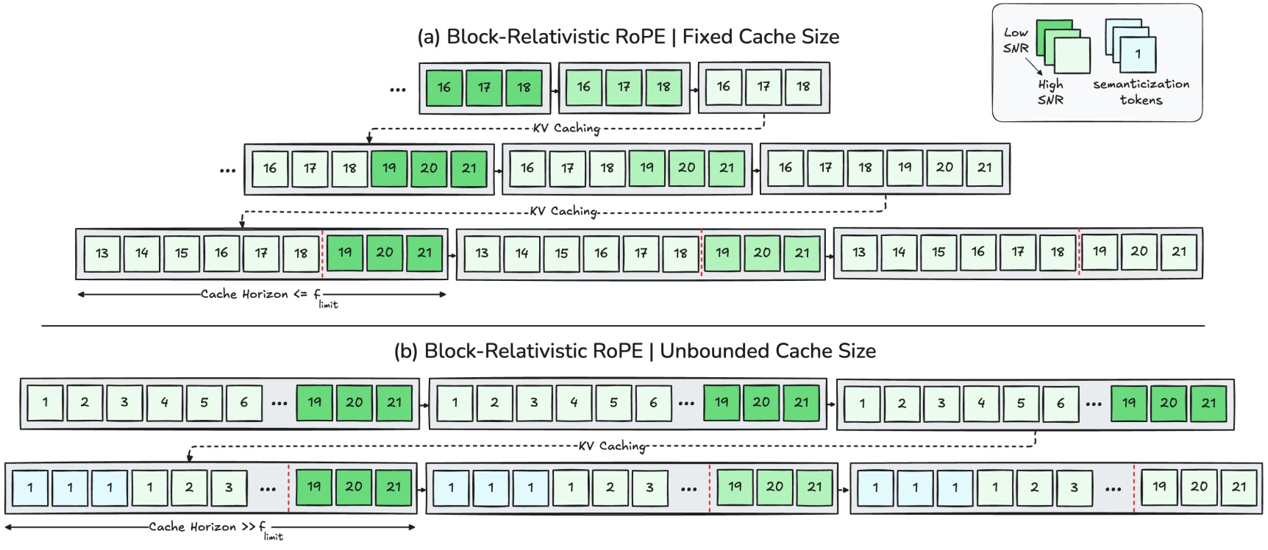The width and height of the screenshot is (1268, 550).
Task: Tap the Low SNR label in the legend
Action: [1016, 40]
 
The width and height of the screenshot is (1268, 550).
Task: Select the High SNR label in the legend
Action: [1050, 92]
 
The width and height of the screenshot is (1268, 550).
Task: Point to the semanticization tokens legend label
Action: [1141, 92]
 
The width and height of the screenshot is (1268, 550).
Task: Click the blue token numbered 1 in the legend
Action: [1138, 54]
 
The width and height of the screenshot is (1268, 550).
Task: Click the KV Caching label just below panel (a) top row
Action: [566, 128]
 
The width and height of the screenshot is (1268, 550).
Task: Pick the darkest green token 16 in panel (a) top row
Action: [444, 87]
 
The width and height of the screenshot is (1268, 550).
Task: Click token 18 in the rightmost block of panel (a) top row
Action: [803, 87]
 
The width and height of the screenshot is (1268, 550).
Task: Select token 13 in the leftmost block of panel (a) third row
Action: [102, 253]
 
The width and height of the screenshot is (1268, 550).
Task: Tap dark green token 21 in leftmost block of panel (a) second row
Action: [469, 168]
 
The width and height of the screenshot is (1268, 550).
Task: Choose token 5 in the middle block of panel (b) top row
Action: [613, 402]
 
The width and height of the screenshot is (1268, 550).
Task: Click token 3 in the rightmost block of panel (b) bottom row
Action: [1074, 487]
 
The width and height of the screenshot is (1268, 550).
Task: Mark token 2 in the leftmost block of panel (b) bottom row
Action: [189, 487]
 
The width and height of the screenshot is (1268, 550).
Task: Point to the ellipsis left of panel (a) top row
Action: [397, 90]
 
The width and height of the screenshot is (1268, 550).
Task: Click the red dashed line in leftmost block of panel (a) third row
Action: [322, 253]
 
